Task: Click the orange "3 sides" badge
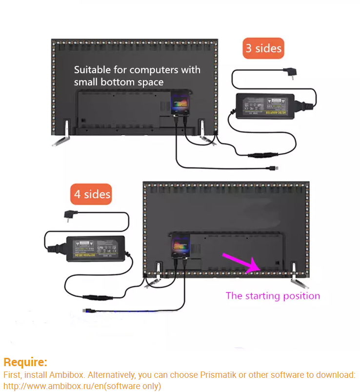[263, 48]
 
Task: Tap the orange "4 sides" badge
[92, 194]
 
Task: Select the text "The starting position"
[273, 296]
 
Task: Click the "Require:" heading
[25, 362]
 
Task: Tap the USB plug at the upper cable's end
[274, 169]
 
